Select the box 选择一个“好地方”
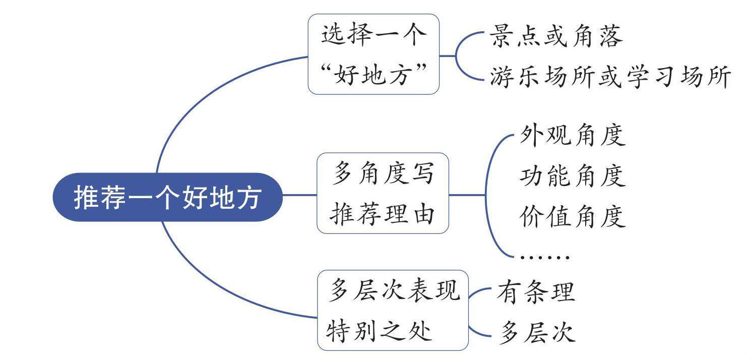373,54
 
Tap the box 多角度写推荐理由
383,193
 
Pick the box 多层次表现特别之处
393,310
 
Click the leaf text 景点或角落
556,36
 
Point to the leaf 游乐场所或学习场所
610,78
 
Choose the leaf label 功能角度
572,176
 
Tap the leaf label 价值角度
572,217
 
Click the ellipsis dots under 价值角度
544,257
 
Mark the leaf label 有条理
536,292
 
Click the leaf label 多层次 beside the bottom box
536,333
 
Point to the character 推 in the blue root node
86,198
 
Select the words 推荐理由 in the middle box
383,215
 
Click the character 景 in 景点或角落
501,36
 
